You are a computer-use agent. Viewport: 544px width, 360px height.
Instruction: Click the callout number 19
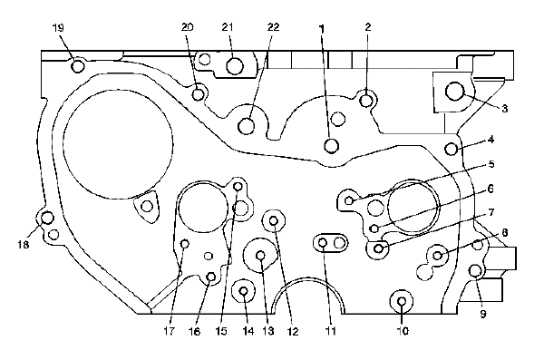click(58, 28)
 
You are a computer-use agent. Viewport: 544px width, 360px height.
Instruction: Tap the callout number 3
click(504, 109)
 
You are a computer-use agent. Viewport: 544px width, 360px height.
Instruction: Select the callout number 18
click(24, 245)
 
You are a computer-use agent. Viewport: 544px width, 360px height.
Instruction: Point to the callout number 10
click(403, 331)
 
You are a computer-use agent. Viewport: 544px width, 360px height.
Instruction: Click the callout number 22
click(274, 27)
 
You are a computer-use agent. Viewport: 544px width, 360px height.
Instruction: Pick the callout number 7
click(491, 212)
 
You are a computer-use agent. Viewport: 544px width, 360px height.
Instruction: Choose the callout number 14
click(248, 331)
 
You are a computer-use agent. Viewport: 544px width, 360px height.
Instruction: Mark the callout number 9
click(483, 314)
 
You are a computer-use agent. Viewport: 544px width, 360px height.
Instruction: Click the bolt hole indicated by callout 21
click(235, 66)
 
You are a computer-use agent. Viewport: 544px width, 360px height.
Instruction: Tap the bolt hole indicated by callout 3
click(455, 92)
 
